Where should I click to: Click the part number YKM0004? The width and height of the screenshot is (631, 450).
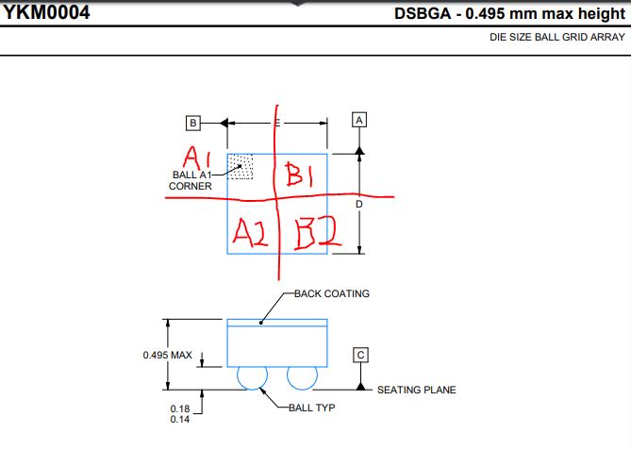[46, 12]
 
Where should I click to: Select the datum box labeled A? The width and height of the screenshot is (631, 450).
[359, 120]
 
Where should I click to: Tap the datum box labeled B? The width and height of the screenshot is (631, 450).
[193, 123]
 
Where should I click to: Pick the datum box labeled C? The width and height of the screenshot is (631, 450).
[360, 355]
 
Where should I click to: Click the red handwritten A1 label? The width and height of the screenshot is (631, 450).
[197, 158]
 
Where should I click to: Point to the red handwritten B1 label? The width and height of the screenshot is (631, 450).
[299, 175]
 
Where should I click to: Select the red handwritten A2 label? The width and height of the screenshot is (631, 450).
[250, 233]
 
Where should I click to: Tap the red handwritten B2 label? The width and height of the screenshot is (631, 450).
[318, 234]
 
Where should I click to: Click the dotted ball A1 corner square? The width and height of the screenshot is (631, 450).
[241, 166]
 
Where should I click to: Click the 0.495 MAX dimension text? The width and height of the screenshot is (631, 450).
[167, 355]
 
